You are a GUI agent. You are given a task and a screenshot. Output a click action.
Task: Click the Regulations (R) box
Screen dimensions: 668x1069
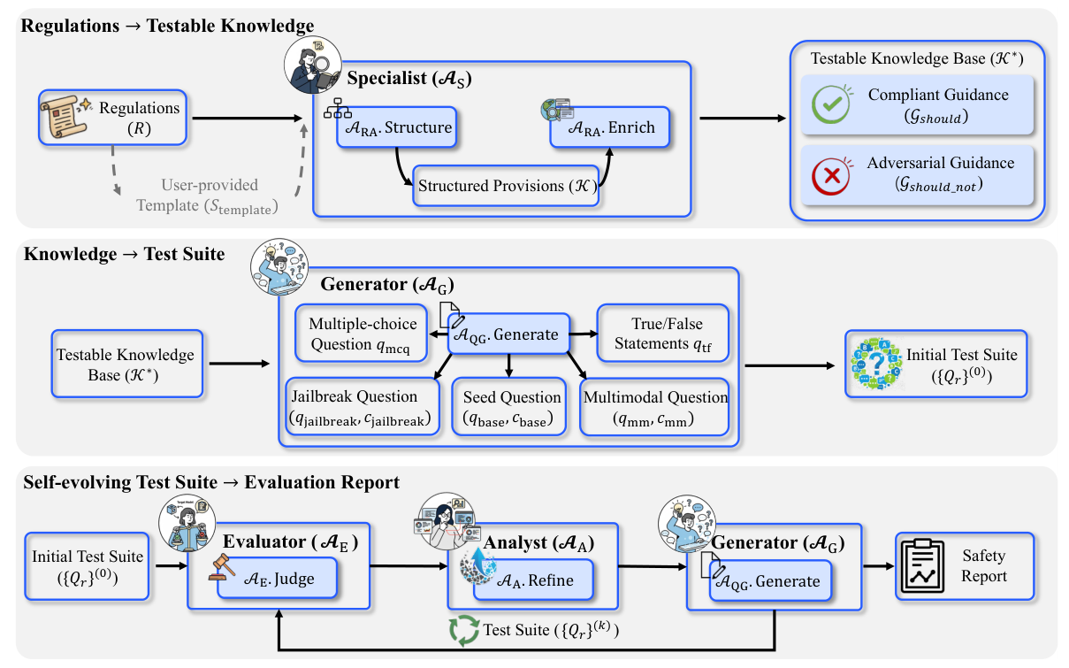pos(112,117)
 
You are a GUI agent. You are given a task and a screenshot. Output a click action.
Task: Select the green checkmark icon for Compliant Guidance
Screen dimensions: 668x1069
pos(830,104)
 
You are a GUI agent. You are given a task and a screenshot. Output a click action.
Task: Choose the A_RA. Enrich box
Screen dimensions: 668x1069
pos(609,127)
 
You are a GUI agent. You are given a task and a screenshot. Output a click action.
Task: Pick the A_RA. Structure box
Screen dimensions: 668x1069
pos(396,128)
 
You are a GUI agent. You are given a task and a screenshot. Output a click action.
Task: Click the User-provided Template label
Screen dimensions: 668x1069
pos(210,195)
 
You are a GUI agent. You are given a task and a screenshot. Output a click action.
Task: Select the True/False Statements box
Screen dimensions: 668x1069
pos(663,334)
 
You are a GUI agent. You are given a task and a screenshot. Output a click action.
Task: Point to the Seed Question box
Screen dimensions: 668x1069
pos(508,407)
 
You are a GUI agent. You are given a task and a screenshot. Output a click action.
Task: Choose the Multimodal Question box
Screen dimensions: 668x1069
pos(655,407)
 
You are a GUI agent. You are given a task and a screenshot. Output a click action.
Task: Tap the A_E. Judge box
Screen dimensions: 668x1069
pos(279,580)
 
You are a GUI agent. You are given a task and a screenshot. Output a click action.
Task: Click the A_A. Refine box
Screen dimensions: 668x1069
pos(532,580)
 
